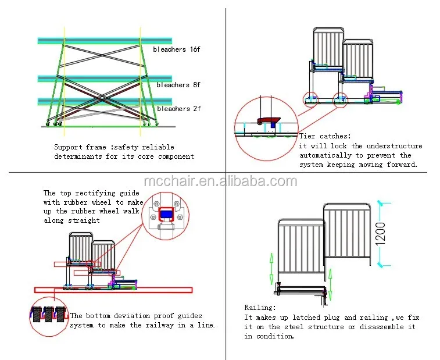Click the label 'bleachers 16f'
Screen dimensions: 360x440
(177, 50)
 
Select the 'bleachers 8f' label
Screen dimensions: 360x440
(178, 85)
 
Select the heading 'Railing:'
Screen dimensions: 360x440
(260, 308)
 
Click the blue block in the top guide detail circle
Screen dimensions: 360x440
(166, 214)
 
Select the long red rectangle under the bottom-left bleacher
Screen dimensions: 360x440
(113, 289)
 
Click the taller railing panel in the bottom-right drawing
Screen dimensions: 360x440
(346, 236)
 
